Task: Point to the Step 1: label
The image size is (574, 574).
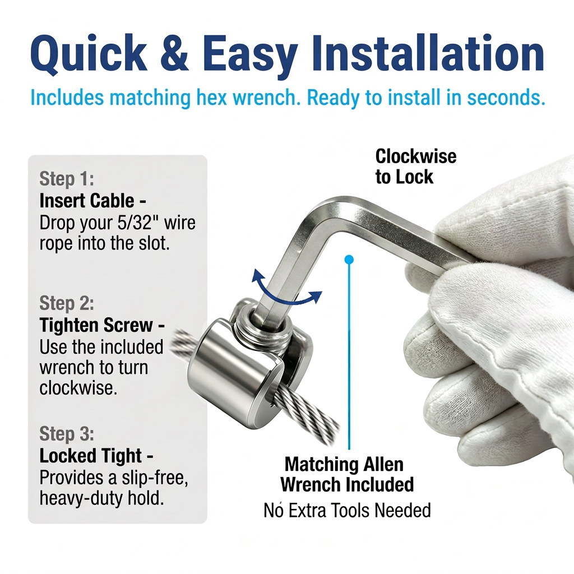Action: click(x=67, y=179)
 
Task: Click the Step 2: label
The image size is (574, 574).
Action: click(x=67, y=303)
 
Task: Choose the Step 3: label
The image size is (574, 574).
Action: click(x=67, y=433)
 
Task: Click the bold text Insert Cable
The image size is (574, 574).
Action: click(x=87, y=201)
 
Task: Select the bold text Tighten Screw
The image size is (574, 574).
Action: click(x=96, y=325)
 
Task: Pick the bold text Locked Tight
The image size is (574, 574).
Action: click(x=90, y=456)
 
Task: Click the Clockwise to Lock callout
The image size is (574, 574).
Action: click(x=416, y=166)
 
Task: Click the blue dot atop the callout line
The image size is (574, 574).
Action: click(x=349, y=260)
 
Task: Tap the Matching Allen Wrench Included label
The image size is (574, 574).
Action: click(x=347, y=475)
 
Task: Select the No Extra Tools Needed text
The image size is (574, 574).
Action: click(x=347, y=510)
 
